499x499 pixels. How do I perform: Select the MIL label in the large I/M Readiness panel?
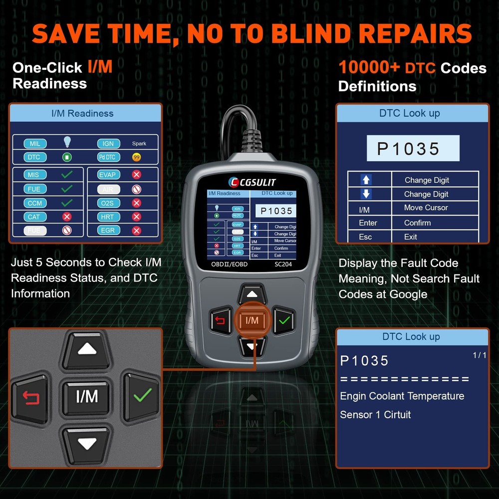(x=35, y=144)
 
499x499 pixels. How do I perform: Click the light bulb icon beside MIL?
(x=67, y=143)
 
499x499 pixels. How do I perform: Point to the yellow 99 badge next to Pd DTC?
(x=136, y=157)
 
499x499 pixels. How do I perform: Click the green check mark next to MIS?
(x=66, y=175)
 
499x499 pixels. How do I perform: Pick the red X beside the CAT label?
(x=66, y=217)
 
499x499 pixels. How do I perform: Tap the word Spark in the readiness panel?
(x=139, y=144)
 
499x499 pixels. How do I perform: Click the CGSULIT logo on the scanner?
(x=252, y=182)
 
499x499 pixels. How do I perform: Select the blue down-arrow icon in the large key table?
(x=366, y=194)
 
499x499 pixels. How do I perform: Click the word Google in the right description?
(x=408, y=294)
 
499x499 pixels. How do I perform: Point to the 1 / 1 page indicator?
(x=479, y=355)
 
